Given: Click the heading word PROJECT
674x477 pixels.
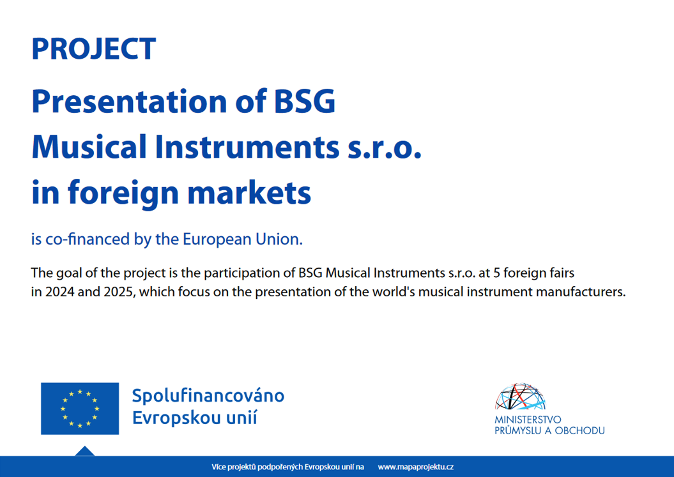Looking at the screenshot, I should pyautogui.click(x=93, y=49).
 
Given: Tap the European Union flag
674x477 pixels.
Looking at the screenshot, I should pyautogui.click(x=80, y=409).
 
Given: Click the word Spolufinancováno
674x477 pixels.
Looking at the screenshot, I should pyautogui.click(x=208, y=396).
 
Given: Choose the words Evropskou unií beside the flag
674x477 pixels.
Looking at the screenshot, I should pyautogui.click(x=194, y=419).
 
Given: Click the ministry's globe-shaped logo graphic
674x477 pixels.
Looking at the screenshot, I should pyautogui.click(x=521, y=397).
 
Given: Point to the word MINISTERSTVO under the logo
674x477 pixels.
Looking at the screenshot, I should pyautogui.click(x=528, y=420).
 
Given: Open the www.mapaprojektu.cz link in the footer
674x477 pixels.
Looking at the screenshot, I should pyautogui.click(x=415, y=467).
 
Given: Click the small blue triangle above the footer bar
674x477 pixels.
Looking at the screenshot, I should pyautogui.click(x=85, y=451).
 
